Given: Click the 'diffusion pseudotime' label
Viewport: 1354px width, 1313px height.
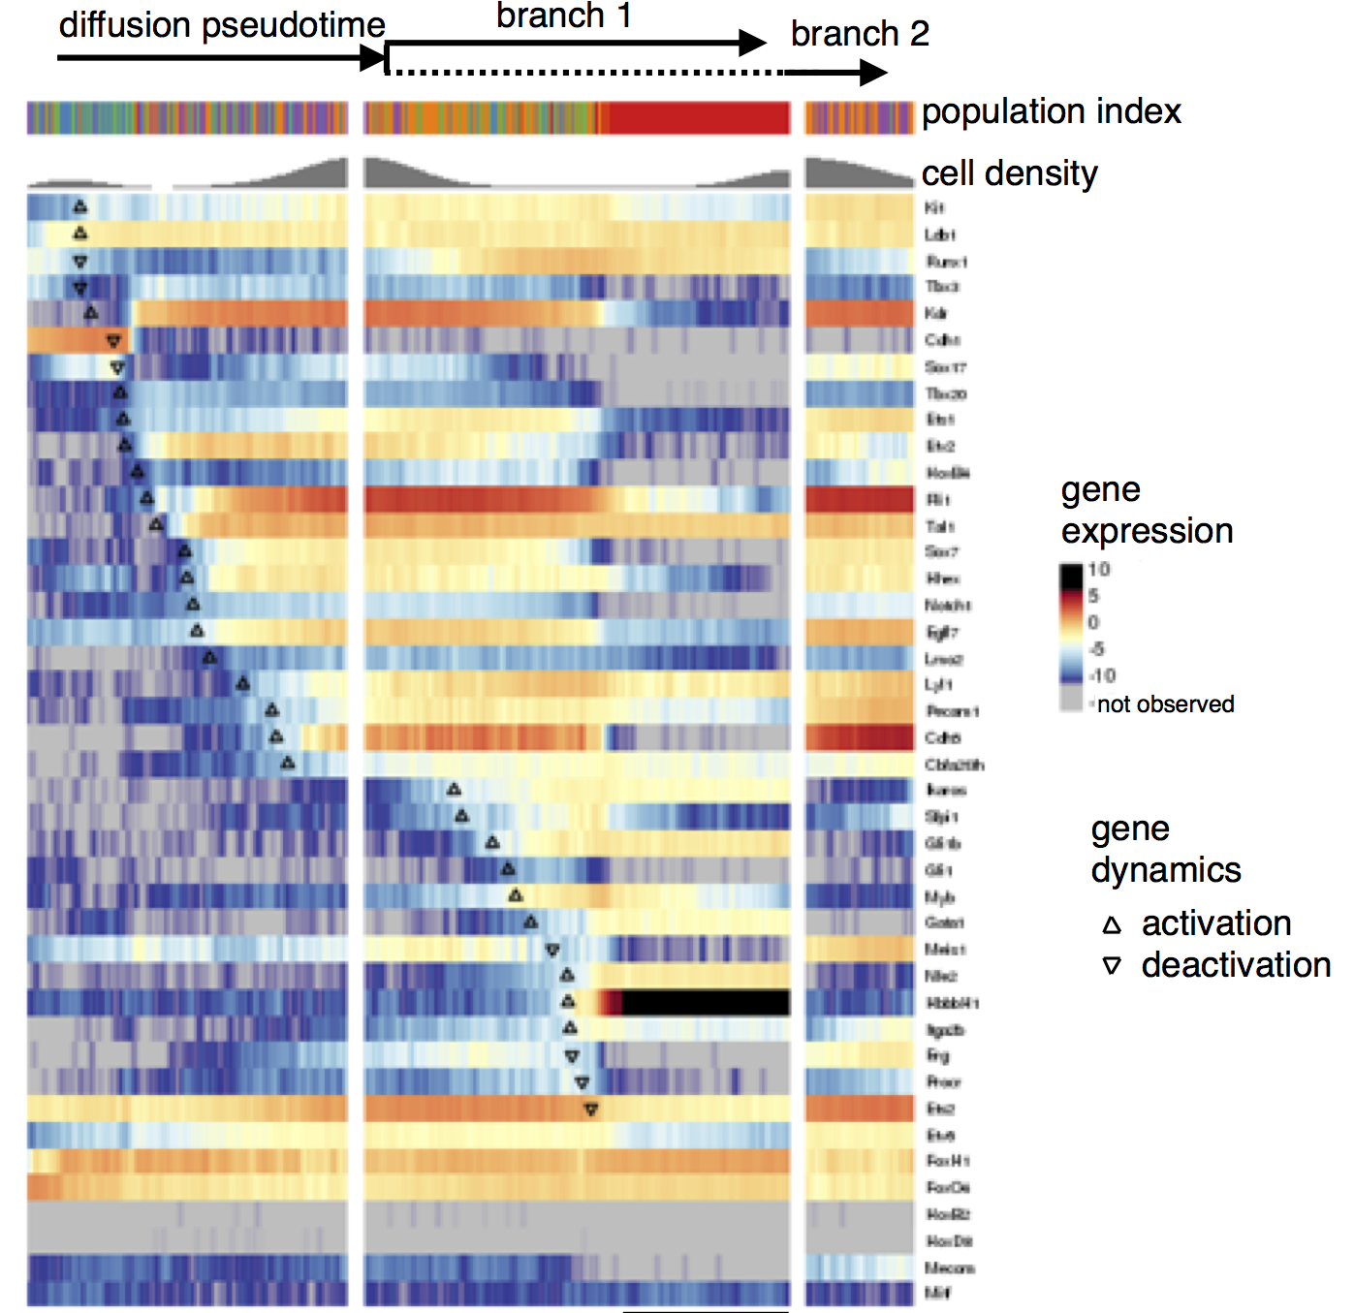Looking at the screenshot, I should (222, 25).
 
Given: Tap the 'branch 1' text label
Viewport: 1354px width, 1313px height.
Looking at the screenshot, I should (564, 16).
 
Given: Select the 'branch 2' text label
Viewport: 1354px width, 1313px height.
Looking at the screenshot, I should (860, 34).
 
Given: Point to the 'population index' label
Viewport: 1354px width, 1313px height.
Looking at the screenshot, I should (1051, 111).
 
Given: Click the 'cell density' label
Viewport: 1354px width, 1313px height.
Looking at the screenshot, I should (1009, 173).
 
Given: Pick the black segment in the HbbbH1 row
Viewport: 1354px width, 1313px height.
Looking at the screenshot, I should (705, 1003).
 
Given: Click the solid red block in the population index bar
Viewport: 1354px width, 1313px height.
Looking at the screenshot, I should (699, 118).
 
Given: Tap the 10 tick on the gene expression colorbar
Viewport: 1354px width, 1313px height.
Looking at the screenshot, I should (1099, 570).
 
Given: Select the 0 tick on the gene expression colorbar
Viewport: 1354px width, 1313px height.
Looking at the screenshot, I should (1093, 622).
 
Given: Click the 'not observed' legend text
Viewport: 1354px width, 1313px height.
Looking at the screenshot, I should (1165, 704).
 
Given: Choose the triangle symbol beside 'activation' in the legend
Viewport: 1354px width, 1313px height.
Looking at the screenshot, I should (1112, 925).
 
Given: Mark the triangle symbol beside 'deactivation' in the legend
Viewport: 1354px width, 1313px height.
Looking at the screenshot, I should (1112, 966).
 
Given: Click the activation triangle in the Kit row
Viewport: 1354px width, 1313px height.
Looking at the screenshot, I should (80, 206).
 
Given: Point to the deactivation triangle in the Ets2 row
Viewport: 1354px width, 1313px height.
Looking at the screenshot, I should (590, 1110).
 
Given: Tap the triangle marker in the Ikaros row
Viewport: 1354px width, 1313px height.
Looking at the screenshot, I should (454, 790).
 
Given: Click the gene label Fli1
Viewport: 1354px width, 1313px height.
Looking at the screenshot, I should (938, 500).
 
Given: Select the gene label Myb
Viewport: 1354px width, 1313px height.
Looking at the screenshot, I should (939, 897).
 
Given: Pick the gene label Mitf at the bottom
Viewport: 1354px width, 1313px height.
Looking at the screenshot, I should (937, 1293).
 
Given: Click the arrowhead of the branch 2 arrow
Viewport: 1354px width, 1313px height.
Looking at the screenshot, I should (873, 73).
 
